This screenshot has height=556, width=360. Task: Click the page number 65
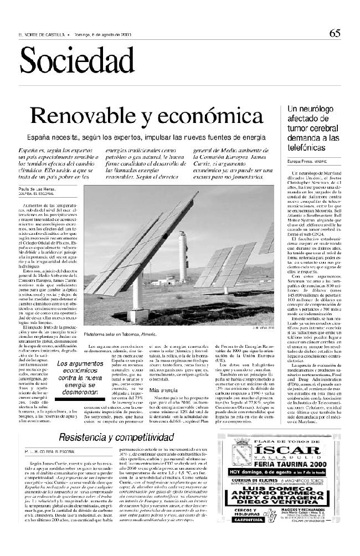click(x=335, y=33)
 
